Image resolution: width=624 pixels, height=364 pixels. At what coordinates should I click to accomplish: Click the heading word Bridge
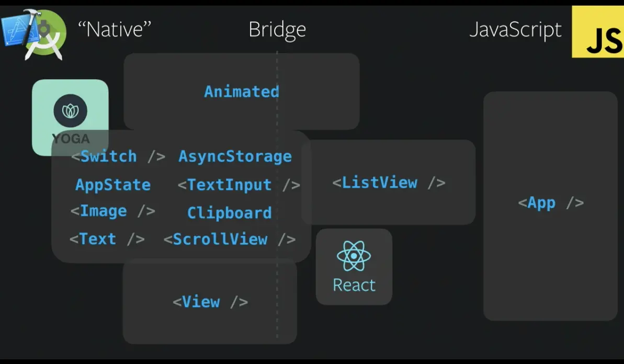(x=277, y=30)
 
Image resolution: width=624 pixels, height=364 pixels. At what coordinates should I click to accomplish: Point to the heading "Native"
(x=115, y=29)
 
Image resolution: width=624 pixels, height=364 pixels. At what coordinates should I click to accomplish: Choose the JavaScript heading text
(x=515, y=30)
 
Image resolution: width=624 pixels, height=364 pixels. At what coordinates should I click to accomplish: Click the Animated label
(x=241, y=92)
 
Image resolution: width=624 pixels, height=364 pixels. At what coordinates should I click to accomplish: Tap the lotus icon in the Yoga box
(x=70, y=110)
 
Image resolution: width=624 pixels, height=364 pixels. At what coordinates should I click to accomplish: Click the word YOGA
(x=71, y=139)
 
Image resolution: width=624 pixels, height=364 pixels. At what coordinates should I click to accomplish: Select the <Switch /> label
(x=118, y=156)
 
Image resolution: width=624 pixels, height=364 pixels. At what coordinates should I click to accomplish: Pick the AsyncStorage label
(x=235, y=156)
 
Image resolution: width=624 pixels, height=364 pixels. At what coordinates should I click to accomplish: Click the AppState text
(x=113, y=185)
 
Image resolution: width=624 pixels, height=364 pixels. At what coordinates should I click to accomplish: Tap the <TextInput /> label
(x=239, y=185)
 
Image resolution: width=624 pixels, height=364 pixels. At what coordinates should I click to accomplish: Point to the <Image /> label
(x=112, y=211)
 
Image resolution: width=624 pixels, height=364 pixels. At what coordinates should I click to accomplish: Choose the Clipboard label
(x=230, y=213)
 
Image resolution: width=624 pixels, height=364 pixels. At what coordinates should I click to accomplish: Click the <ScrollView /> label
(x=229, y=240)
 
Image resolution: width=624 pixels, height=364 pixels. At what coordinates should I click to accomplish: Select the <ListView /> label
(x=389, y=183)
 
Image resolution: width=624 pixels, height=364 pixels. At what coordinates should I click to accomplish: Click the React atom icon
(x=354, y=256)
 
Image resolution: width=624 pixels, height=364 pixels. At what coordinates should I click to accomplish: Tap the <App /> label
(x=550, y=203)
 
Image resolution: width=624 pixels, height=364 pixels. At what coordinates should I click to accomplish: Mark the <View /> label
(x=210, y=302)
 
